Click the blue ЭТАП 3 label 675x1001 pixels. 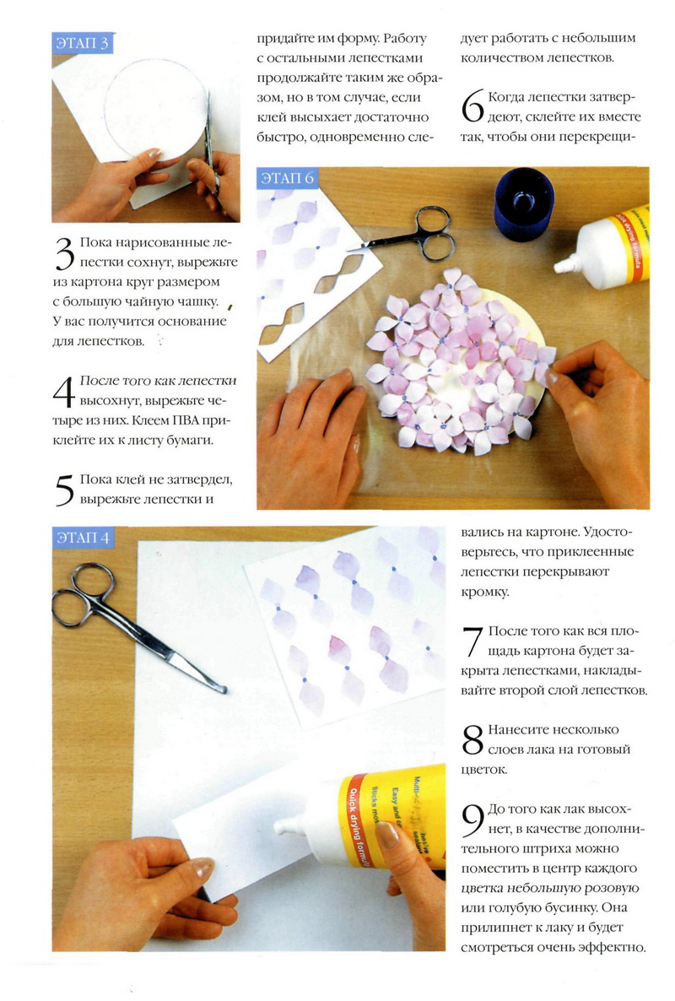tap(83, 43)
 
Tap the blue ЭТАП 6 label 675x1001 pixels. tap(287, 177)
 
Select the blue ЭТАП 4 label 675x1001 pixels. tap(83, 537)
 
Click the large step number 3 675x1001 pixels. tap(64, 253)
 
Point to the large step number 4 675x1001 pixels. tap(64, 392)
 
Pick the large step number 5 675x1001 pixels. tap(64, 491)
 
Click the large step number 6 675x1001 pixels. tap(472, 106)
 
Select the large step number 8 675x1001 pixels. tap(472, 739)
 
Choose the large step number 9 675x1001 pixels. tap(472, 820)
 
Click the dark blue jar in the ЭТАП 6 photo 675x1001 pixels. tap(523, 203)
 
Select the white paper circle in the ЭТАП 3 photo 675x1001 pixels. tap(154, 109)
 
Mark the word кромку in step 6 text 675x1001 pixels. tap(485, 592)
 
